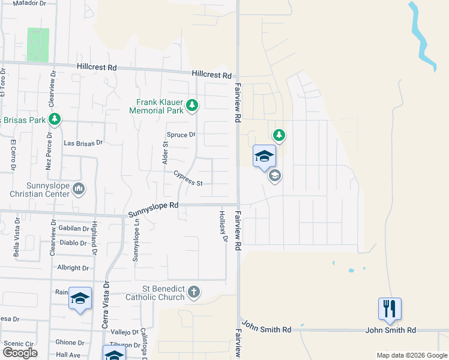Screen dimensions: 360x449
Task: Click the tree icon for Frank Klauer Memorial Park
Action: (192, 106)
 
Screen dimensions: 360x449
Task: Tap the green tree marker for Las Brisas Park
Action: (55, 119)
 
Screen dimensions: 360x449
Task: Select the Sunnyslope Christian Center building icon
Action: (79, 190)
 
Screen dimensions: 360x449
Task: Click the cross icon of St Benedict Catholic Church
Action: (193, 292)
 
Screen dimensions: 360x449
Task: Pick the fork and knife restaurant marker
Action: (390, 309)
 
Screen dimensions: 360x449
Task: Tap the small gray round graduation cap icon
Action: (276, 176)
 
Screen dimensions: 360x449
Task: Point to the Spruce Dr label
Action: (181, 135)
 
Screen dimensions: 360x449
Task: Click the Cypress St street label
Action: (188, 178)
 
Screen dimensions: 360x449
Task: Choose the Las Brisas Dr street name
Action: (83, 143)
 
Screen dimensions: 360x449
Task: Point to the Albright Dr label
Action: (73, 268)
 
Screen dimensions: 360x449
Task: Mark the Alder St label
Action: (165, 152)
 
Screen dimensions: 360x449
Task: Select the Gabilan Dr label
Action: (74, 229)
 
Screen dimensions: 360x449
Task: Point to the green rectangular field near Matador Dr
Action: (38, 44)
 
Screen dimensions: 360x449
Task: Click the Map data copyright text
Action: (412, 355)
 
